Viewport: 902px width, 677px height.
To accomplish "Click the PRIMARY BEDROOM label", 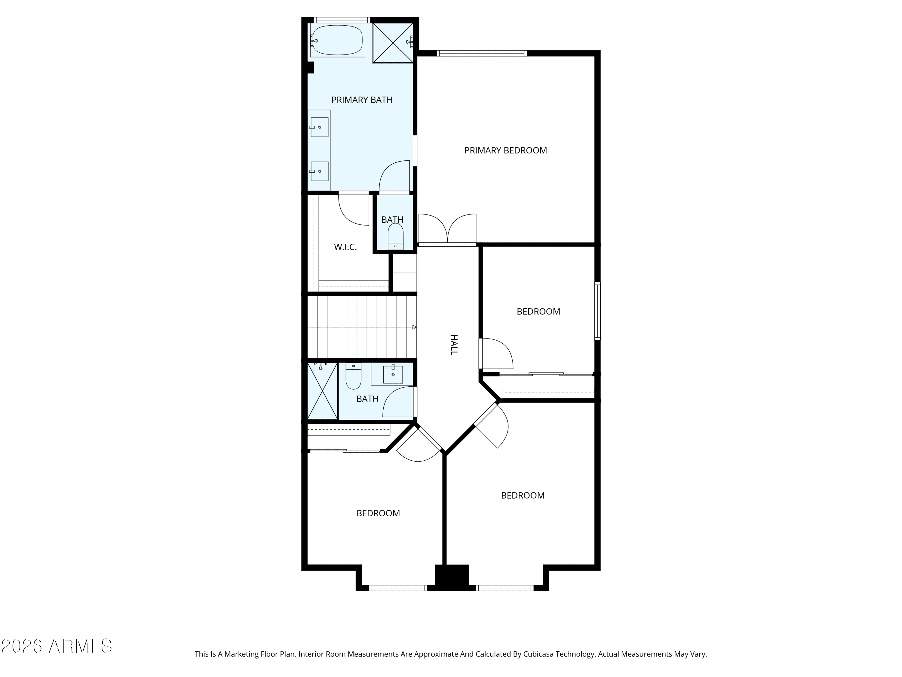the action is (x=506, y=150).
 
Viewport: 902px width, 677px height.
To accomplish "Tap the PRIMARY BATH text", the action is (x=362, y=100).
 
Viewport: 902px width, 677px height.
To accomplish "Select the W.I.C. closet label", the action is (x=345, y=247).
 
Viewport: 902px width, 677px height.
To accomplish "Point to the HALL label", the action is (x=454, y=345).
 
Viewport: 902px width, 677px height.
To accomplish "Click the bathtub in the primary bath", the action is (x=337, y=40).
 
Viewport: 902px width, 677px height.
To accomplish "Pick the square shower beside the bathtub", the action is (x=393, y=43).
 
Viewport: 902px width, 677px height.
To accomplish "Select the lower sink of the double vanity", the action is (x=319, y=172).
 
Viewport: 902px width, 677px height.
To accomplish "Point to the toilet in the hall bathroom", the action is (x=353, y=376).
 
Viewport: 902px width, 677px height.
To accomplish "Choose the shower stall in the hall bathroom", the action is (x=323, y=391).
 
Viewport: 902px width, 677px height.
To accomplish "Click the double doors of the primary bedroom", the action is (x=447, y=229).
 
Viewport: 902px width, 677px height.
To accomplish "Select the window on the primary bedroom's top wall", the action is (x=482, y=53).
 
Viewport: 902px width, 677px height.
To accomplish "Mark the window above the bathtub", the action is (x=342, y=20).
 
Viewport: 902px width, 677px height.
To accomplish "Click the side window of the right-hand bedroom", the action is (x=597, y=311).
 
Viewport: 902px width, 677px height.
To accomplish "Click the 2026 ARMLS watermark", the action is (x=57, y=646).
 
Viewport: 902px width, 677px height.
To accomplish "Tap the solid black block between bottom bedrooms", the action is (x=452, y=577).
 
